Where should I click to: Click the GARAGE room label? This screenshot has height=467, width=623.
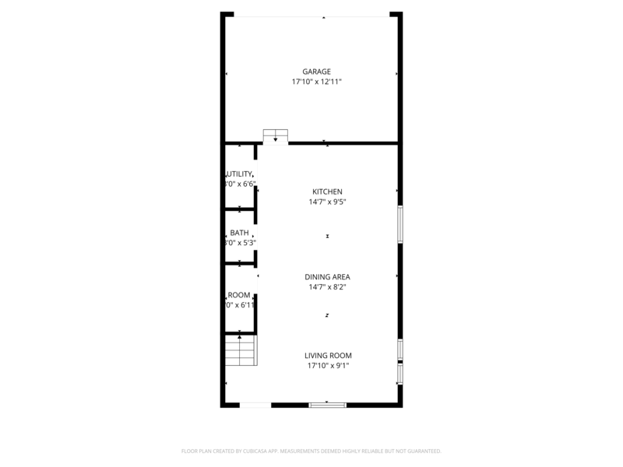317,72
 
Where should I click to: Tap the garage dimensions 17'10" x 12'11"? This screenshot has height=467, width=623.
317,82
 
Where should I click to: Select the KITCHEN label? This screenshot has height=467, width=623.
327,191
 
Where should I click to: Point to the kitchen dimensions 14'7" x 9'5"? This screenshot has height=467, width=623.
327,202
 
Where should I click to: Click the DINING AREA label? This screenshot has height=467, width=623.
327,276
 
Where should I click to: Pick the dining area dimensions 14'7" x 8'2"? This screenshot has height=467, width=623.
327,286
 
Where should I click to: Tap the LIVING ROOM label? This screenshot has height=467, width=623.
327,355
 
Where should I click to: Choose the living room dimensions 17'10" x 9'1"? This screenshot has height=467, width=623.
327,365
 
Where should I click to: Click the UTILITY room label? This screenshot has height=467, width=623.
239,174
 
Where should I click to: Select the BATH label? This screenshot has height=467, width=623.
239,233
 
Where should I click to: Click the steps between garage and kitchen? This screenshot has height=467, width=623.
275,135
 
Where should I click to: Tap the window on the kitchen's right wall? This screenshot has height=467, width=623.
400,224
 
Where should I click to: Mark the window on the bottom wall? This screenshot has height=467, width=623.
327,405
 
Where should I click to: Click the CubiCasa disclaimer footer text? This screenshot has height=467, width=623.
311,451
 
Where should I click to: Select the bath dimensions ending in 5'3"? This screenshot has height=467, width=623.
240,243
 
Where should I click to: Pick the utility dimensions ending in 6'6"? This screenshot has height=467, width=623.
240,184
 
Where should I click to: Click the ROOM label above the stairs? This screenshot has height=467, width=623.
239,295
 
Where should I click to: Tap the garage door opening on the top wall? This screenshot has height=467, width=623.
311,15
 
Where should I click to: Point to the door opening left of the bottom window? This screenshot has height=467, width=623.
255,405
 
